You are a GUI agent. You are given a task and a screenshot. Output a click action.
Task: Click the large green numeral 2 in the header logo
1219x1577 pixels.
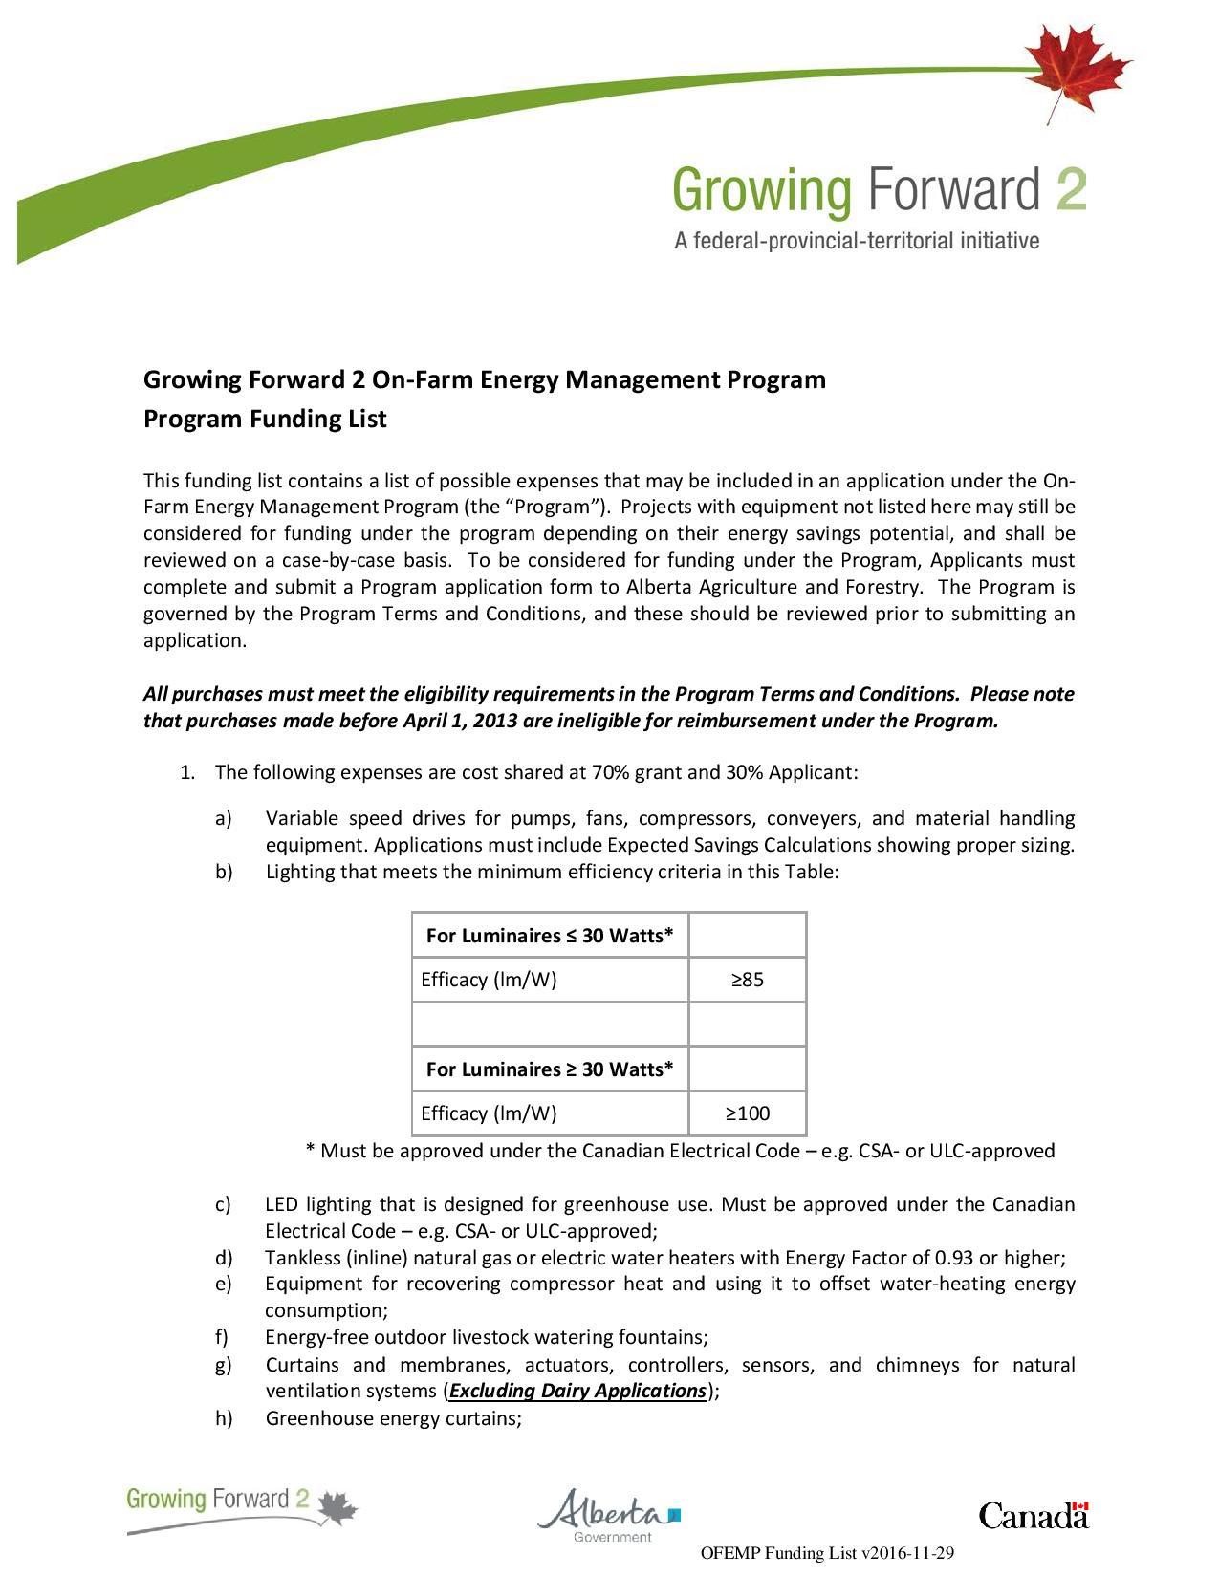(1071, 190)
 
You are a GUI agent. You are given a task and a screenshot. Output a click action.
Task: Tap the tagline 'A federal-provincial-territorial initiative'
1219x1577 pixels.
(856, 241)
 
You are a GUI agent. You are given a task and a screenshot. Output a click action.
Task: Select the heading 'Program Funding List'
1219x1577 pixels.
(265, 420)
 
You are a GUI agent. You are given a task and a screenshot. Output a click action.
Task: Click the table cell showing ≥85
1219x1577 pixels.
(748, 980)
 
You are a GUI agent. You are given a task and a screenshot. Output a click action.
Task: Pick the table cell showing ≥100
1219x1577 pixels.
(748, 1113)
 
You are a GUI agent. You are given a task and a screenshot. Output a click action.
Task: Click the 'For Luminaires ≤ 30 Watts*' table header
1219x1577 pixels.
(550, 936)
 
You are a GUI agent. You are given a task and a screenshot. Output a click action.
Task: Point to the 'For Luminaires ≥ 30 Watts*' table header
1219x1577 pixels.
(550, 1069)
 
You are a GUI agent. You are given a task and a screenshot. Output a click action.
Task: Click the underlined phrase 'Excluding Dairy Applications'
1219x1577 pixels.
(577, 1391)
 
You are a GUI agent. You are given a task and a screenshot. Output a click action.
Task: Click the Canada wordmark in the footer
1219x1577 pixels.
(1033, 1516)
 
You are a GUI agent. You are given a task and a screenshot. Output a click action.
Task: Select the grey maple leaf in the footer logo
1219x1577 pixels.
(337, 1508)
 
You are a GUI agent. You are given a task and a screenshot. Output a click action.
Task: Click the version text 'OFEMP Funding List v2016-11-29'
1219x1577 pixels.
(828, 1553)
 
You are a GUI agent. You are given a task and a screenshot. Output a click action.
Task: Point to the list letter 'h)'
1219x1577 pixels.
(224, 1418)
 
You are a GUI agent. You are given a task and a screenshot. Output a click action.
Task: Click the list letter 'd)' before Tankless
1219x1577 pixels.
(224, 1258)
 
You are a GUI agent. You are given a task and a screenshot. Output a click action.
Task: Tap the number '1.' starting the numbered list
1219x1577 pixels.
(187, 772)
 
